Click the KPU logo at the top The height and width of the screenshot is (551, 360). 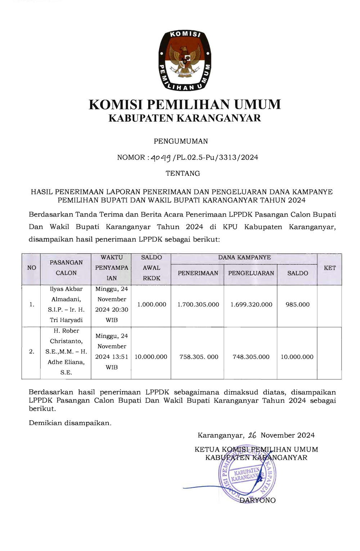(x=185, y=60)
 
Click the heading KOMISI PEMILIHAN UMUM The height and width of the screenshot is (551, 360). (x=185, y=104)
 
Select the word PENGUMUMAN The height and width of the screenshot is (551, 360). (x=181, y=141)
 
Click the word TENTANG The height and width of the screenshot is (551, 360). (x=183, y=173)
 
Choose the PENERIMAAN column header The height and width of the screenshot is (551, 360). (x=198, y=273)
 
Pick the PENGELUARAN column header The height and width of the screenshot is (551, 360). (x=251, y=273)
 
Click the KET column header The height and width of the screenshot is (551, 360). (x=329, y=268)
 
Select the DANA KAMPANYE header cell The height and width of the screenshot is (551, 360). (x=244, y=257)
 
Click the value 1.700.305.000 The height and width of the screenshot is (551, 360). (x=198, y=304)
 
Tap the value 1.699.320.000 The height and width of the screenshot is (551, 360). (x=251, y=304)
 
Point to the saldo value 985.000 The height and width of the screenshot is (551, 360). (x=297, y=304)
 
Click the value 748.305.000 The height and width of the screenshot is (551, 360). (x=251, y=357)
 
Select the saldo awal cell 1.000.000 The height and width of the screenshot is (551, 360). (x=152, y=304)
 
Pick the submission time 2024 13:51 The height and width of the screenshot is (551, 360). (x=112, y=357)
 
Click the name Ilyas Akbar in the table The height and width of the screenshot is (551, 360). (x=66, y=289)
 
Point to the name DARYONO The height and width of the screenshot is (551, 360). (x=257, y=500)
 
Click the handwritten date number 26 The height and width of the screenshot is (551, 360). (x=252, y=435)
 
